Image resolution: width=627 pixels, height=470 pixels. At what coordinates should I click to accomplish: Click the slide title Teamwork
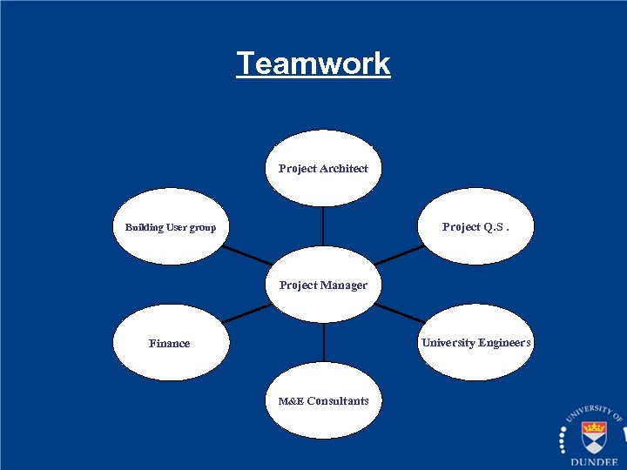click(x=313, y=64)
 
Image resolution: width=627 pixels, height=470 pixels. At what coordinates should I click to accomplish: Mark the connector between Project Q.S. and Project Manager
click(x=399, y=254)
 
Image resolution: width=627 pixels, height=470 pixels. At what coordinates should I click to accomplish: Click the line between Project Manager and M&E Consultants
click(x=323, y=342)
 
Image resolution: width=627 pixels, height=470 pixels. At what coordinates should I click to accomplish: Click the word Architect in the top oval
click(x=344, y=169)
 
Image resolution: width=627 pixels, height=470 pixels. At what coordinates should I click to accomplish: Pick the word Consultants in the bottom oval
click(x=337, y=401)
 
